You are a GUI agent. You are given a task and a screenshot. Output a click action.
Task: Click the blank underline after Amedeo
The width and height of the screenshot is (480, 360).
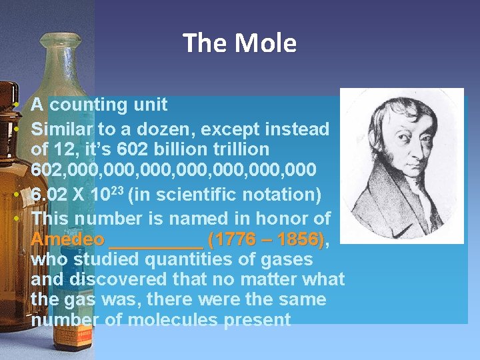pyautogui.click(x=156, y=241)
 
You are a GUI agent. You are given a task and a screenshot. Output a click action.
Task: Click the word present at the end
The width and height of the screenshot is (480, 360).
pyautogui.click(x=258, y=320)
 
